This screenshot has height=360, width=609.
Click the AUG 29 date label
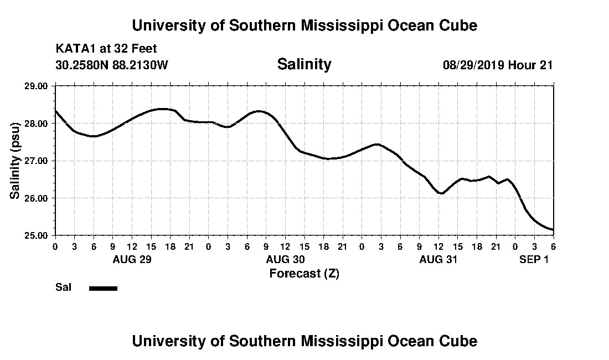click(x=132, y=259)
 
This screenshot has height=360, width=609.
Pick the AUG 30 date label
click(x=285, y=259)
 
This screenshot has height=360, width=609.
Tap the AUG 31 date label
click(x=438, y=259)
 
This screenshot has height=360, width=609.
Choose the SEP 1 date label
click(x=534, y=259)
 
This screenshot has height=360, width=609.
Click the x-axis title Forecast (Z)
click(x=304, y=273)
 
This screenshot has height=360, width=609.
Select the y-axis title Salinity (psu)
click(x=16, y=161)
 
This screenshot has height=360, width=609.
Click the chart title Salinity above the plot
click(x=304, y=64)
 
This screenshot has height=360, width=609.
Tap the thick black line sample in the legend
click(x=103, y=288)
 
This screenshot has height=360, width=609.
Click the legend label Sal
click(x=62, y=287)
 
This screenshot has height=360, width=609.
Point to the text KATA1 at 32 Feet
click(x=106, y=49)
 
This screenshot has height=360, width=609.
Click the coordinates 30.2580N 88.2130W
click(x=112, y=65)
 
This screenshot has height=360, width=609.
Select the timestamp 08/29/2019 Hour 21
click(x=498, y=65)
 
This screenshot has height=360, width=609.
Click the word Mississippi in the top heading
click(x=319, y=25)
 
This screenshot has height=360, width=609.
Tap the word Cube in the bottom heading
click(x=460, y=341)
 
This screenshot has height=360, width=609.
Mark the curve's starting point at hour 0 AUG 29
click(x=55, y=110)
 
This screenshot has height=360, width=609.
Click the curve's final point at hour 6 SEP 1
click(x=553, y=230)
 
